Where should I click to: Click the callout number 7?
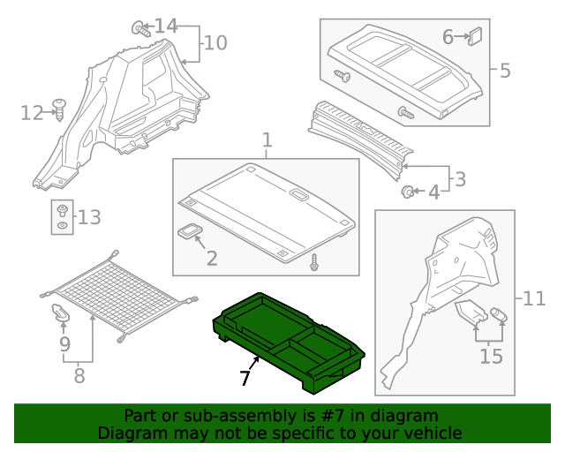[245, 379]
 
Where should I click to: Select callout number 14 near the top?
[166, 26]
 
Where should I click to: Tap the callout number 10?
[216, 42]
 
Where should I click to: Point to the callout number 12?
[32, 112]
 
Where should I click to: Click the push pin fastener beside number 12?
[60, 109]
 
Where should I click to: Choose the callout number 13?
[90, 217]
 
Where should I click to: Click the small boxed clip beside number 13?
[62, 217]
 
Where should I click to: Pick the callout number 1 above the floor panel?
[267, 139]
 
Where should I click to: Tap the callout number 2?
[212, 258]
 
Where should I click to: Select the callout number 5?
[505, 70]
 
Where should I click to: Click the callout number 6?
[448, 36]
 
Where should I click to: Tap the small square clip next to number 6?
[476, 36]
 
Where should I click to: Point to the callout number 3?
[460, 179]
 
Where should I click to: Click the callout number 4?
[433, 192]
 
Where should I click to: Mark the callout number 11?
[535, 299]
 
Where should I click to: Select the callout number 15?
[491, 356]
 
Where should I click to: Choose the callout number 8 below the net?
[79, 376]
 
